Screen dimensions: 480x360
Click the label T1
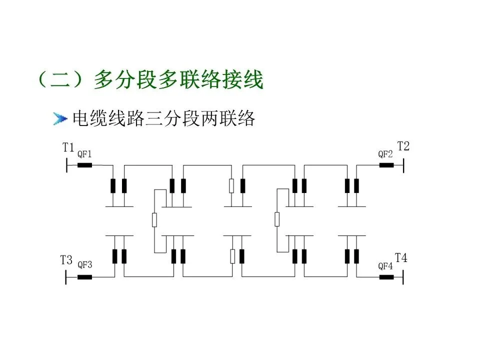point(68,147)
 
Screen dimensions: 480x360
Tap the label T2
point(403,146)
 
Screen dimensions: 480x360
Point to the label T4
point(401,258)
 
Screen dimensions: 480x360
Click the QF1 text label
point(84,153)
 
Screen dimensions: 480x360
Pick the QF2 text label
point(385,153)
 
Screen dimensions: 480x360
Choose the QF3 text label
point(84,265)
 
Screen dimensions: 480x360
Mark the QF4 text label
point(385,265)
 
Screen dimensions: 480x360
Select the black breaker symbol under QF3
point(84,276)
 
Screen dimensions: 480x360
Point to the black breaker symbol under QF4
point(386,276)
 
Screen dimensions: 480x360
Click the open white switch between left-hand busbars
point(154,219)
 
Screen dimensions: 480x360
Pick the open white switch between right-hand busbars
point(277,219)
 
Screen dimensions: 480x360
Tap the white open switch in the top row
point(232,185)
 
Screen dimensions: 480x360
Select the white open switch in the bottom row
point(232,256)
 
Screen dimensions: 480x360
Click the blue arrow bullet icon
point(60,118)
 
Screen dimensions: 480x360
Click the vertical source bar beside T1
point(66,164)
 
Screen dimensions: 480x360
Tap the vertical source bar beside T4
point(403,276)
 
